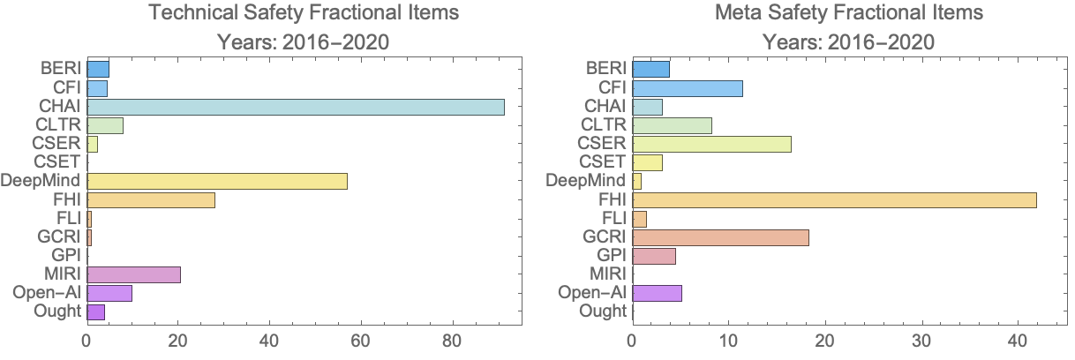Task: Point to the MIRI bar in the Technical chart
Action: point(133,274)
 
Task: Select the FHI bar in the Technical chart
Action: point(151,199)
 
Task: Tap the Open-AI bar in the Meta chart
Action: point(657,293)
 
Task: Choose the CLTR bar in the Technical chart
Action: point(105,125)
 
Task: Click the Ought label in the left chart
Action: point(58,311)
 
